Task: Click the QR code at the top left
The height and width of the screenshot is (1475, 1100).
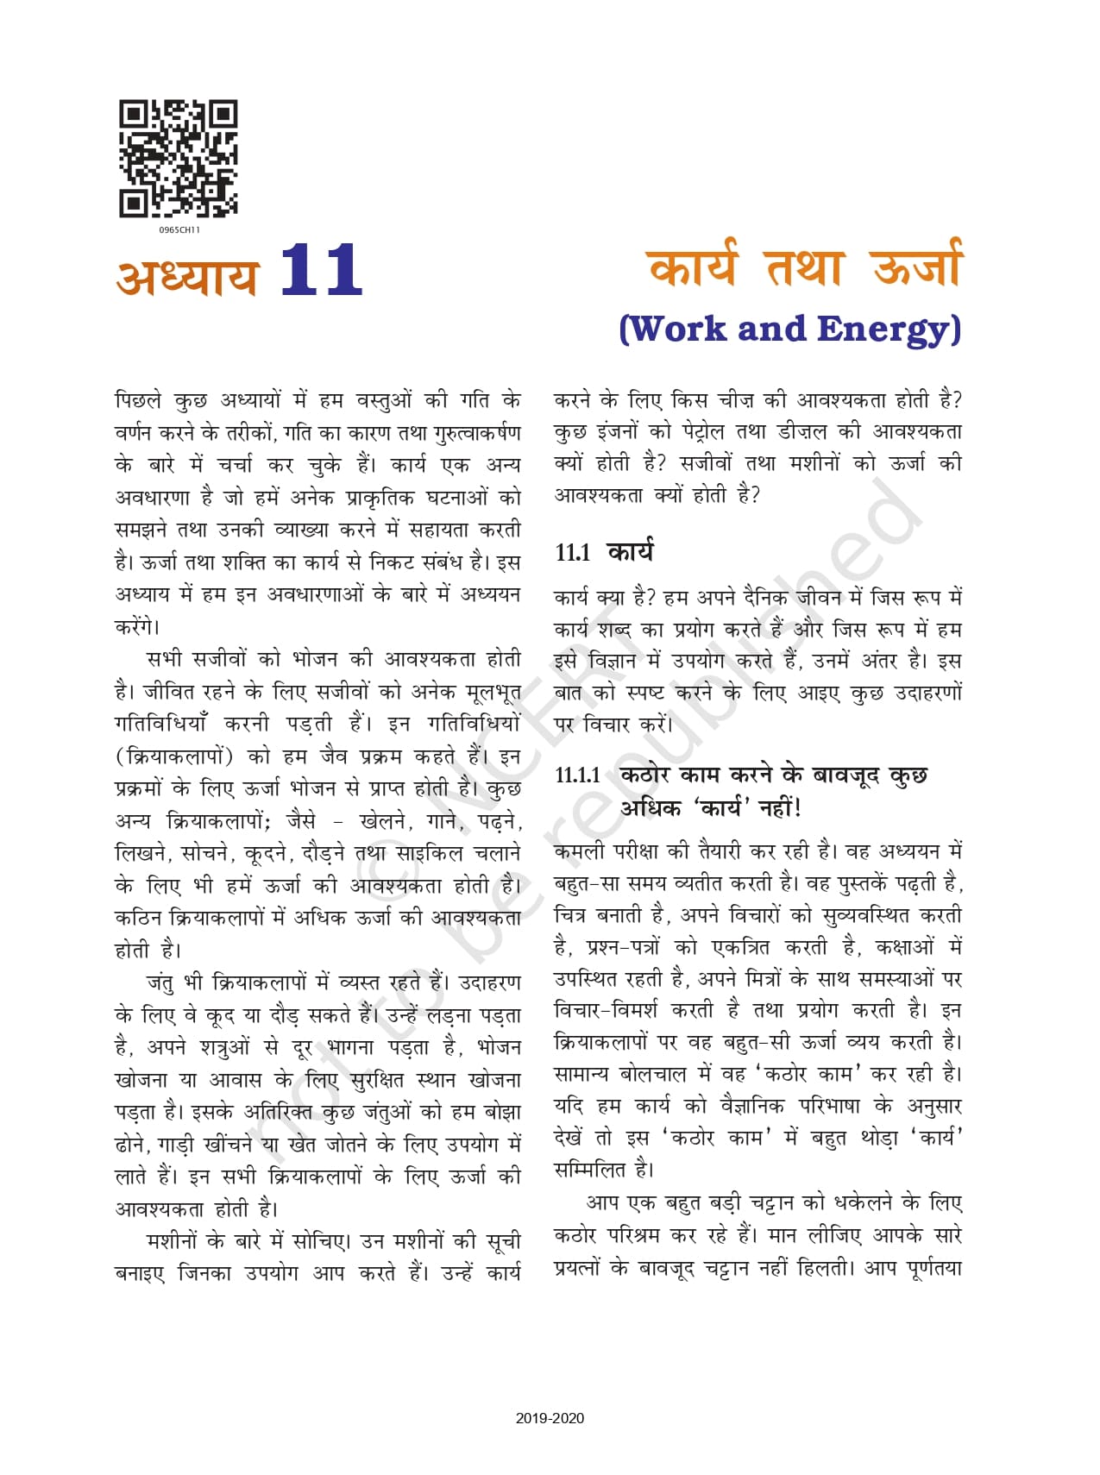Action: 178,159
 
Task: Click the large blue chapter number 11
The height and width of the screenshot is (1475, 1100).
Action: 321,270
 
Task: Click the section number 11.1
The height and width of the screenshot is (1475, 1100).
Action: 573,553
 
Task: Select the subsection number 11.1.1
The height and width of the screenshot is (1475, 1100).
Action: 578,775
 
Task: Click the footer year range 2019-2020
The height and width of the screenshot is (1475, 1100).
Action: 550,1418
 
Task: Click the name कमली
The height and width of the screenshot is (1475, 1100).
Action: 580,850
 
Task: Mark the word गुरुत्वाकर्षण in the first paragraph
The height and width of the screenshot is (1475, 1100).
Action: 477,432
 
